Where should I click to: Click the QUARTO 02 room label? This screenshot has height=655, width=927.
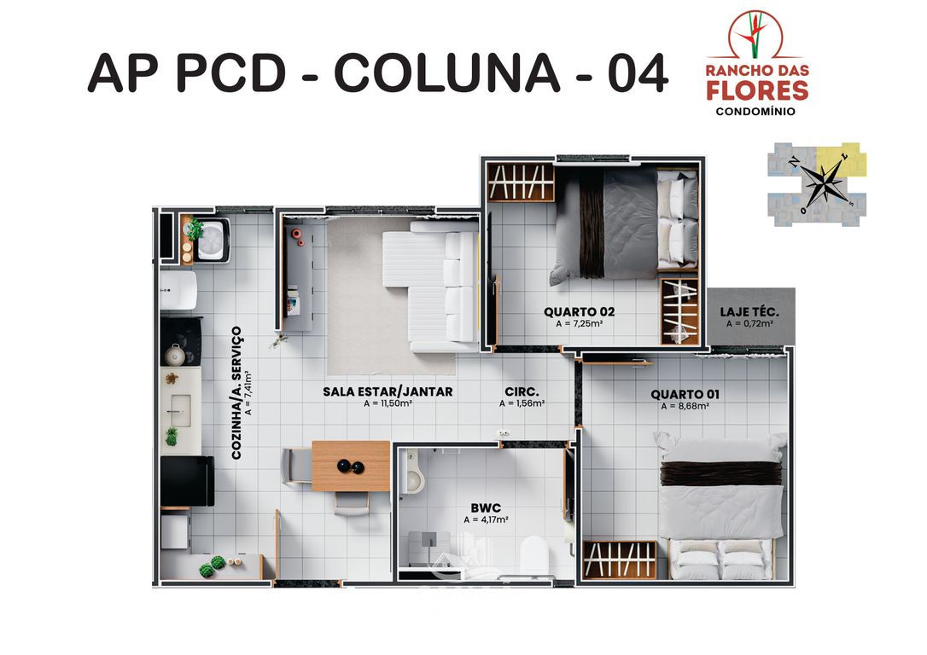(x=579, y=311)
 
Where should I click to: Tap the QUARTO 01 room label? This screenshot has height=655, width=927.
(x=685, y=394)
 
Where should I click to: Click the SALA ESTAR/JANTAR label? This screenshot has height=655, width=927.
(x=388, y=391)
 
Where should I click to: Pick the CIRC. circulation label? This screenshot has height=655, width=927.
(x=521, y=391)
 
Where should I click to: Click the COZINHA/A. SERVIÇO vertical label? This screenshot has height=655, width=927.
(x=237, y=392)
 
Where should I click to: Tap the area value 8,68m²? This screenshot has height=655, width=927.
(x=685, y=407)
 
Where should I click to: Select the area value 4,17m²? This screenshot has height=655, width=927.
(x=486, y=519)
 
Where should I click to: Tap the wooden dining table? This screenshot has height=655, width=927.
(x=351, y=466)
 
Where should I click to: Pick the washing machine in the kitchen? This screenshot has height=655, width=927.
(x=209, y=240)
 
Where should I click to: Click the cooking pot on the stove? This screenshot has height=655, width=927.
(x=176, y=354)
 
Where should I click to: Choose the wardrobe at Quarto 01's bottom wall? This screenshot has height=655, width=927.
(x=620, y=559)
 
